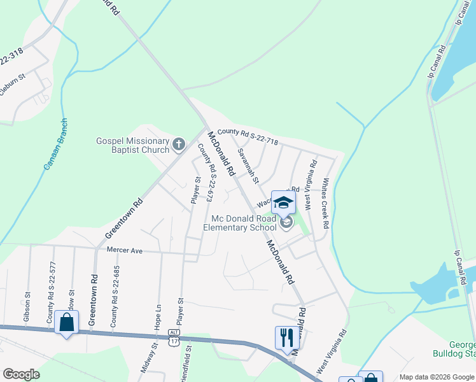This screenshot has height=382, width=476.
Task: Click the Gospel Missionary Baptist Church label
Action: [132, 146]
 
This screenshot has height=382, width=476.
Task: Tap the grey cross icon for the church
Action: [179, 145]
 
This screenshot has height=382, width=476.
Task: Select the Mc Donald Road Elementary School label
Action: [244, 223]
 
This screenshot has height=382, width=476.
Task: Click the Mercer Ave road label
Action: [125, 251]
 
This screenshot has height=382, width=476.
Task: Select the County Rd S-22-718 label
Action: [248, 137]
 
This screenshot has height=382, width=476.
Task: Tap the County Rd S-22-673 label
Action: [205, 173]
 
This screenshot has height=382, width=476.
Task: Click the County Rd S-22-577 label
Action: [50, 297]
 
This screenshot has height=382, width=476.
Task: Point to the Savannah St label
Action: [248, 167]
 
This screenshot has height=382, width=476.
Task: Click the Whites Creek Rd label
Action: [325, 203]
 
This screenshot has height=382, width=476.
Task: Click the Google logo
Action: [21, 374]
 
